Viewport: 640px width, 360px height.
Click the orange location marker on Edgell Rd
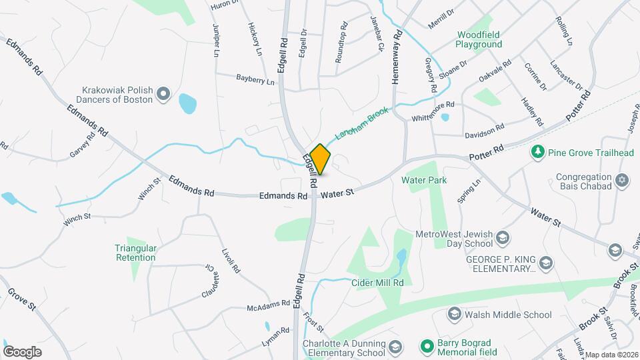320,160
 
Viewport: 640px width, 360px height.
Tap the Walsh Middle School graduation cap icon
454,315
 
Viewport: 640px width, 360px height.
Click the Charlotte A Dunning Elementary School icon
395,347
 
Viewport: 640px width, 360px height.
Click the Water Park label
423,180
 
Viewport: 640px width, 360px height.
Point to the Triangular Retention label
135,252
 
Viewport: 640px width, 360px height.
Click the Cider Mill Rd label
378,283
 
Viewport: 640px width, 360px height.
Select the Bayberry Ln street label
255,79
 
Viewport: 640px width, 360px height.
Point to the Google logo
22,351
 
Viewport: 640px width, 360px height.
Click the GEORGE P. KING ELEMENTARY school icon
547,263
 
